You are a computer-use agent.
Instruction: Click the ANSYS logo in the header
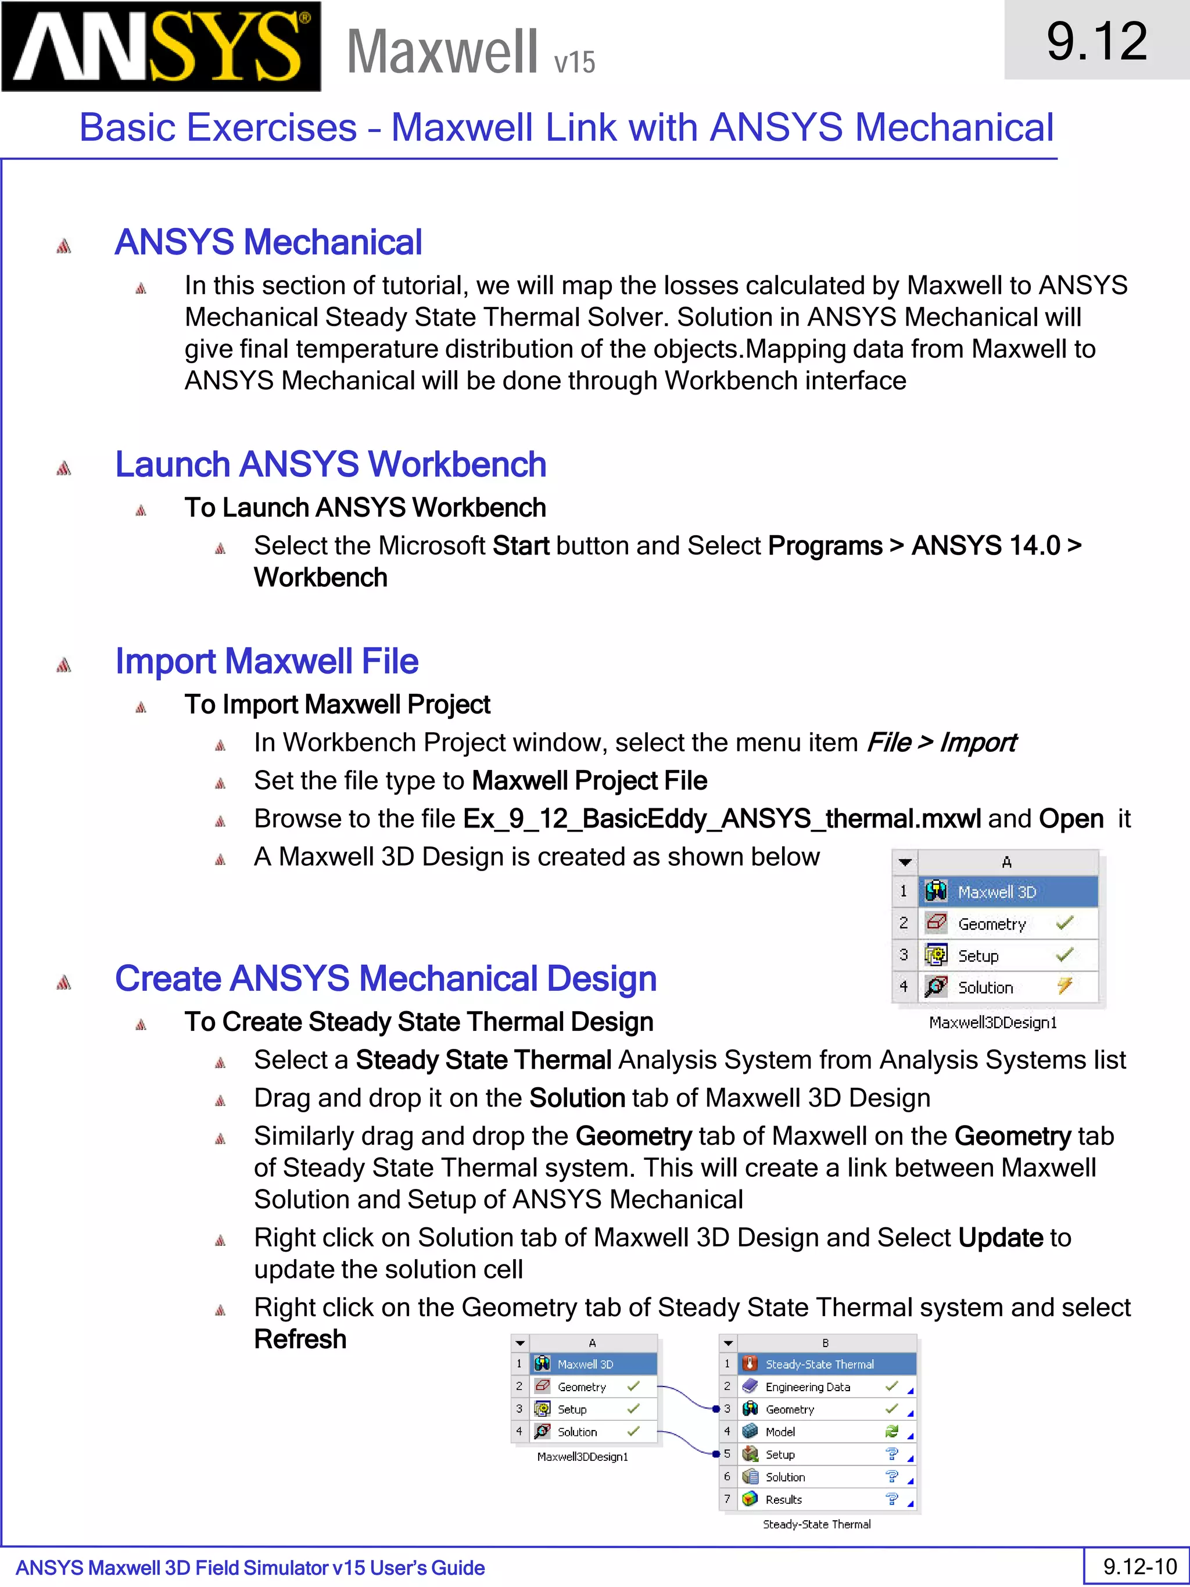point(161,46)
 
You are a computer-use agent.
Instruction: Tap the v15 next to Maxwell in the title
point(575,62)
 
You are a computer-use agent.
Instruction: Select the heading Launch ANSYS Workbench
point(330,464)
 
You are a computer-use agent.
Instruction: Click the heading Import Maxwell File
point(266,661)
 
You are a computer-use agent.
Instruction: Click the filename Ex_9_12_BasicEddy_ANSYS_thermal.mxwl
point(722,819)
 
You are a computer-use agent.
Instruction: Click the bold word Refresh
point(300,1339)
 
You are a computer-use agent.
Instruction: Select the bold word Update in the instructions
point(1000,1238)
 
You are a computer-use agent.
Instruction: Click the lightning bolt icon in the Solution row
point(1064,986)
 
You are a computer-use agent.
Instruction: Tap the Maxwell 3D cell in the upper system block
point(997,892)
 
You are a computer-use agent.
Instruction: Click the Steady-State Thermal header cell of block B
point(819,1364)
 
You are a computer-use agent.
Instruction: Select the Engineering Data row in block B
point(808,1387)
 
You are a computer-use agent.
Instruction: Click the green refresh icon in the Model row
point(891,1431)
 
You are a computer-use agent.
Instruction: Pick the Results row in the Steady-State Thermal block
point(783,1499)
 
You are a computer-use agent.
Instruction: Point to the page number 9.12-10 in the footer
point(1140,1566)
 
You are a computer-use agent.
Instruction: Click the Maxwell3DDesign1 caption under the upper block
point(993,1022)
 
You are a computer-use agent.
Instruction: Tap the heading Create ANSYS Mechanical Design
point(385,979)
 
